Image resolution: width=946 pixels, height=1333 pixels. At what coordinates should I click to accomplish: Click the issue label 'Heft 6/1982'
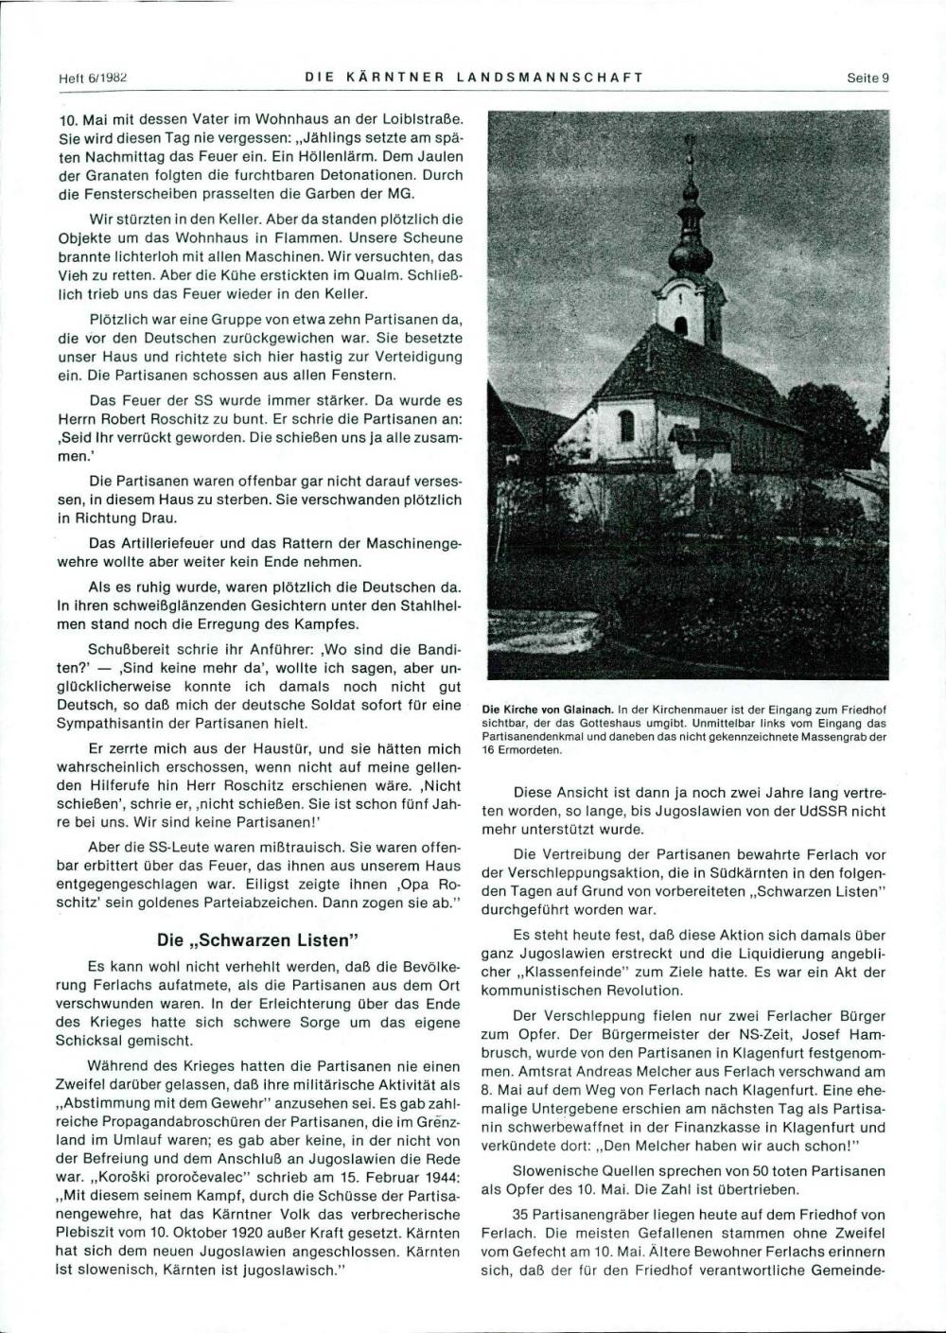tap(93, 79)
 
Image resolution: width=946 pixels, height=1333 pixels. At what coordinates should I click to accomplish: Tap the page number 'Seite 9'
tap(867, 79)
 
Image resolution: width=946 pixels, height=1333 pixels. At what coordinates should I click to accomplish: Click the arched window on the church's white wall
tap(627, 426)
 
